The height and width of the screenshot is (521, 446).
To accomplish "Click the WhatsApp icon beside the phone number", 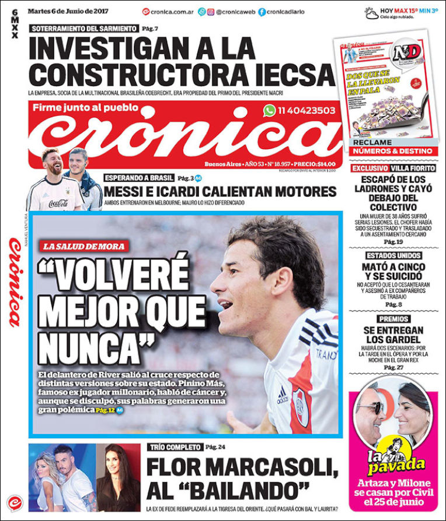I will coord(269,110).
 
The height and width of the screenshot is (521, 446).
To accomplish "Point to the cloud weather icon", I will coord(371,12).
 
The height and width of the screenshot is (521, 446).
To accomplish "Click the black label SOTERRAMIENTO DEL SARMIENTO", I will coord(84,28).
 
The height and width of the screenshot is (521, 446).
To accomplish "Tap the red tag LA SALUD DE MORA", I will coord(83,247).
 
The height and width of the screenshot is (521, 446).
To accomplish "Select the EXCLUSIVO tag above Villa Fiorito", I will coord(370,168).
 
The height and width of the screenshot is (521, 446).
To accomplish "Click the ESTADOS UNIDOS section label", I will coord(392,256).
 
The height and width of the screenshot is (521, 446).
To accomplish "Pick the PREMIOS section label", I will coord(393,319).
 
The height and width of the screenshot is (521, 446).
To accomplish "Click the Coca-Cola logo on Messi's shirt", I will coord(58,203).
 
